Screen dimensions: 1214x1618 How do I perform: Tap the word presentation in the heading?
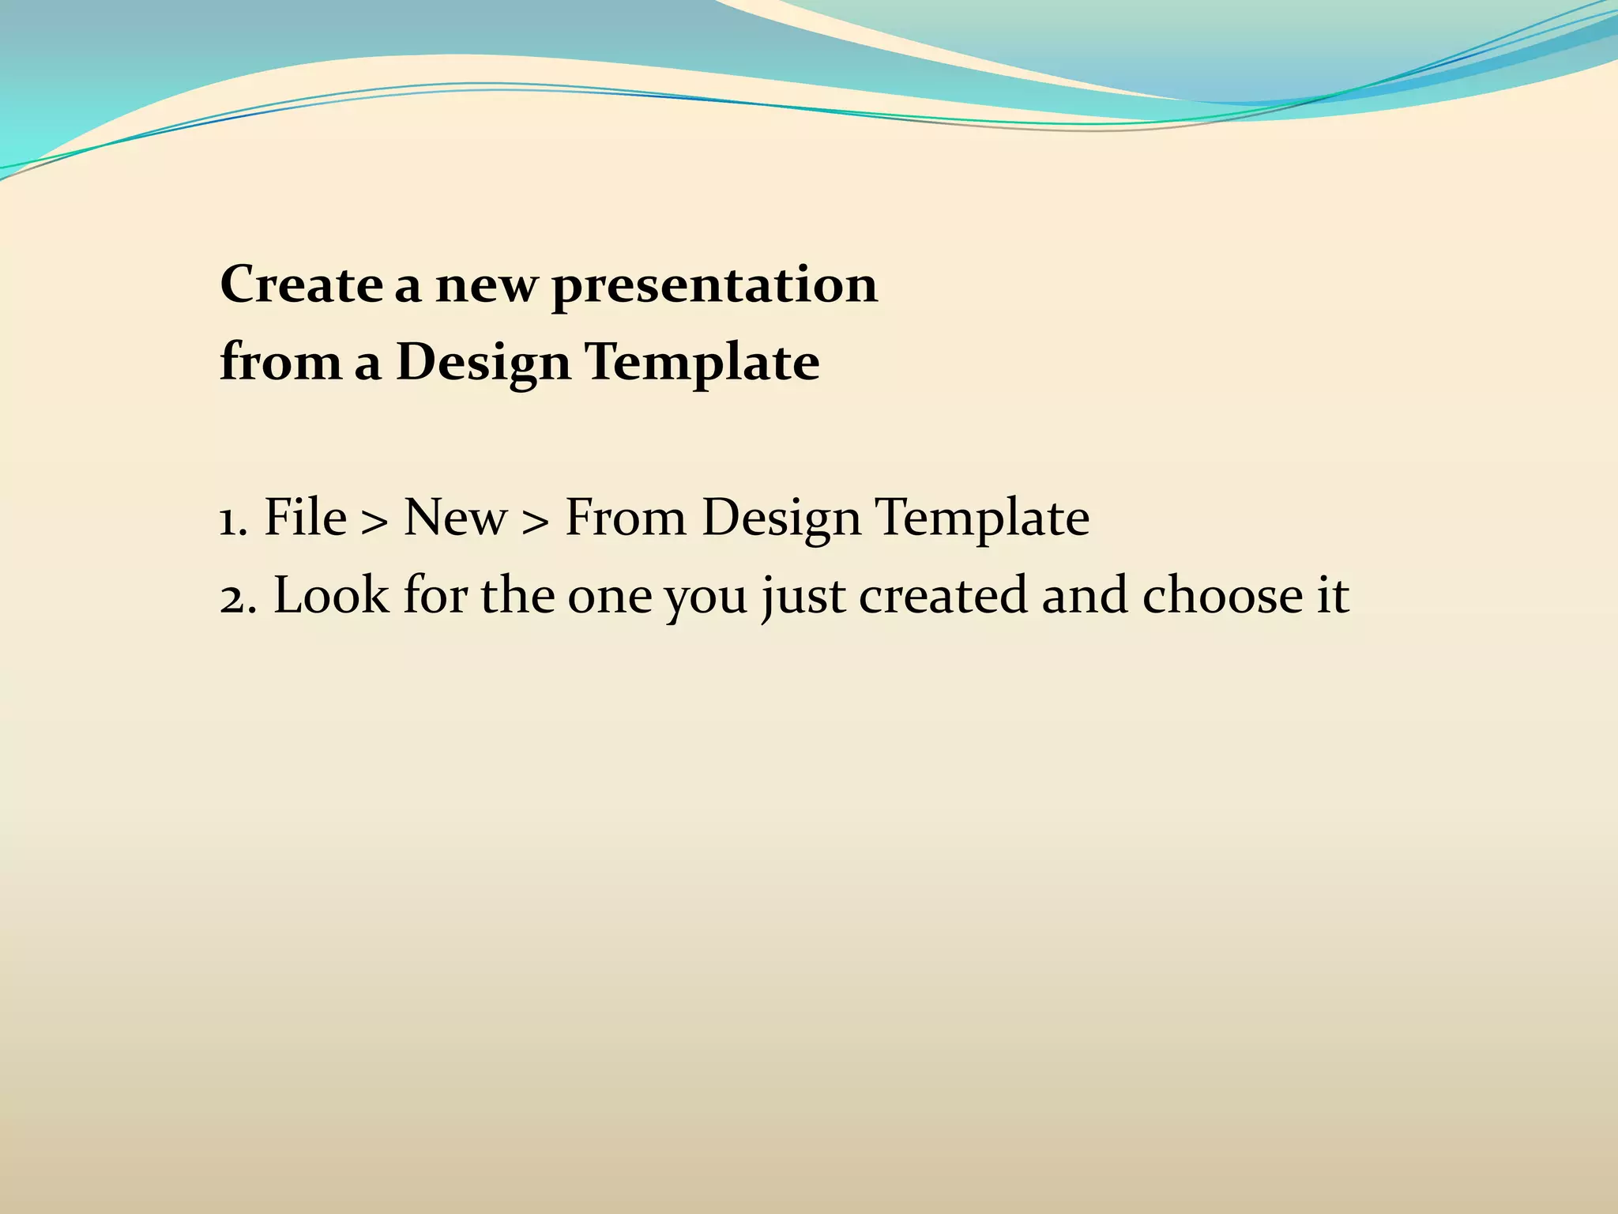pos(714,286)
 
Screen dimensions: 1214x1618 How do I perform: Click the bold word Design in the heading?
pos(483,364)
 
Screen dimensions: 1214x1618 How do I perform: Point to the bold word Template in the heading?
pos(702,364)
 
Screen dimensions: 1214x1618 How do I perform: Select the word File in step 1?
pos(305,518)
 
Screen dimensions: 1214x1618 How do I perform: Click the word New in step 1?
pos(455,518)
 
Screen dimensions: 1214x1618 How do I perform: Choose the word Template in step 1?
pos(983,519)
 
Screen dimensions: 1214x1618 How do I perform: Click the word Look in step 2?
pos(331,595)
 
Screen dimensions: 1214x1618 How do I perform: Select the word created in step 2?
pos(943,595)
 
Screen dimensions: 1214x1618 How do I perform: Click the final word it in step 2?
pos(1332,595)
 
